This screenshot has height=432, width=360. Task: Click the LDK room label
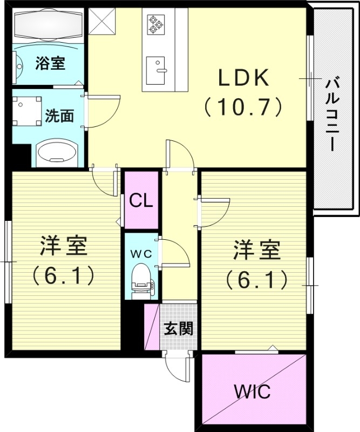(243, 79)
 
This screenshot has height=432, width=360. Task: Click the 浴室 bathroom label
(50, 63)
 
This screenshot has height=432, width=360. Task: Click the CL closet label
(141, 201)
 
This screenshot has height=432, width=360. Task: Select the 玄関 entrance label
(179, 328)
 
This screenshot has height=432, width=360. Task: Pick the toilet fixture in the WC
(140, 278)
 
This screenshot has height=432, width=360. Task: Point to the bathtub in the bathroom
(48, 25)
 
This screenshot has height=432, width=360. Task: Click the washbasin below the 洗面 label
(56, 152)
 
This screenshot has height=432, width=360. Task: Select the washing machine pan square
(28, 111)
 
